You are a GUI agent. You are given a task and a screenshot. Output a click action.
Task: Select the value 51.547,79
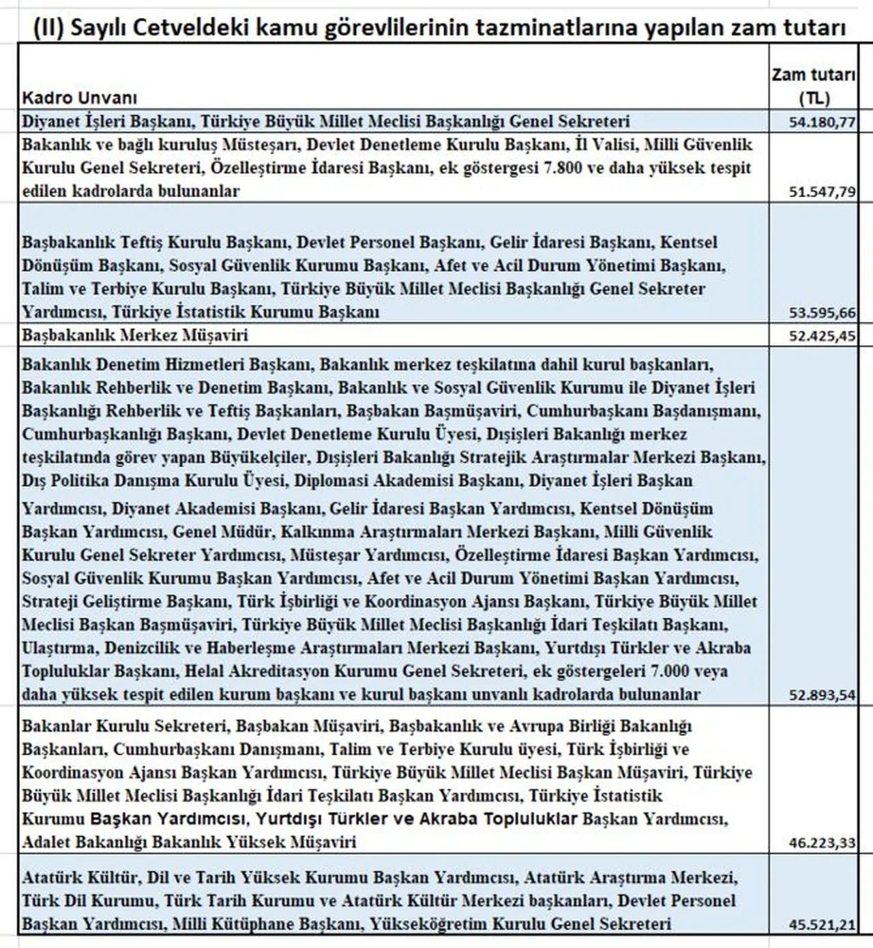[x=822, y=192]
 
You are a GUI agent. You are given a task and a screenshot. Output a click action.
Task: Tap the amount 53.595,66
[x=822, y=313]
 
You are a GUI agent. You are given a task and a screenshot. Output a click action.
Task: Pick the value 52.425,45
[x=822, y=336]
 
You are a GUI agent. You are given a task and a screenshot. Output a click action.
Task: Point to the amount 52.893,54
[x=822, y=695]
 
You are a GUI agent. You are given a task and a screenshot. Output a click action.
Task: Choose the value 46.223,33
[x=822, y=843]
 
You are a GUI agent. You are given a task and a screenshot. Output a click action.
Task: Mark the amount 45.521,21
[x=822, y=925]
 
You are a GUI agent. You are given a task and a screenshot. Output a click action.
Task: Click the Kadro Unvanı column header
[x=79, y=98]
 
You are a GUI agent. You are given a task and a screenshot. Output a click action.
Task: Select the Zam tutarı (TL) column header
[x=814, y=86]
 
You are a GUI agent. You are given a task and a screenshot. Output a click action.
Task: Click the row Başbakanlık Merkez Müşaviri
[x=135, y=336]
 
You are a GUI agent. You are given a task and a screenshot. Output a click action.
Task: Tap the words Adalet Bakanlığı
[x=85, y=842]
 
